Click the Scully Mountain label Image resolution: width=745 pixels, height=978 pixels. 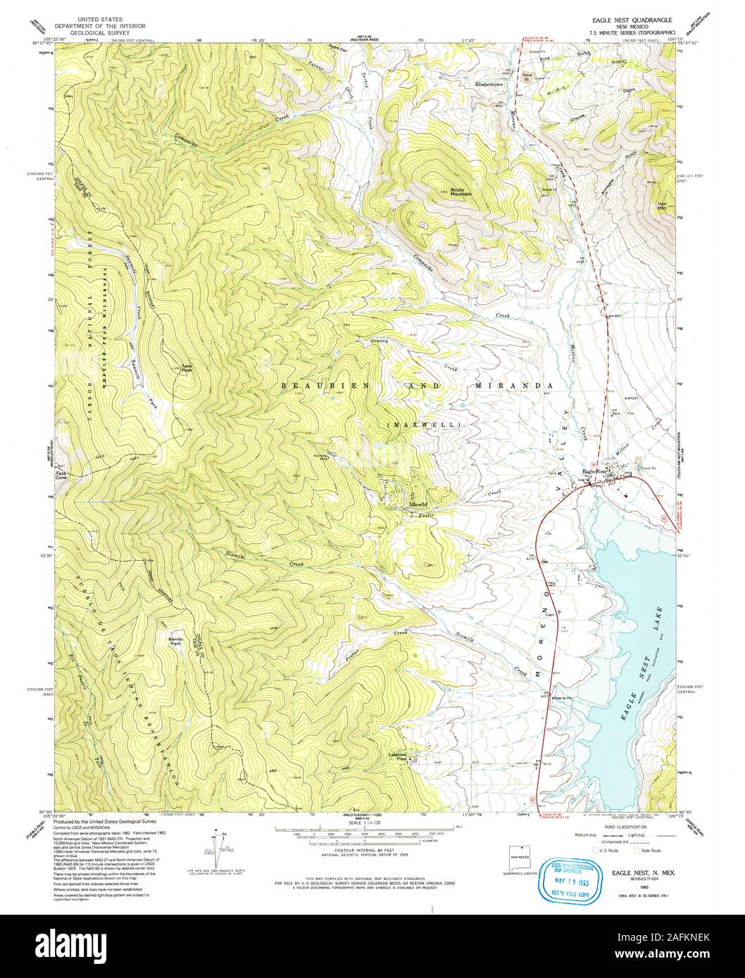[x=461, y=191]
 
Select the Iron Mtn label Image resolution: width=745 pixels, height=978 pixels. [x=661, y=206]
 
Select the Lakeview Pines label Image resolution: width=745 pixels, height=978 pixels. [x=399, y=758]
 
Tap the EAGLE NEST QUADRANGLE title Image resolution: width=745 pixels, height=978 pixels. [x=634, y=20]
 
